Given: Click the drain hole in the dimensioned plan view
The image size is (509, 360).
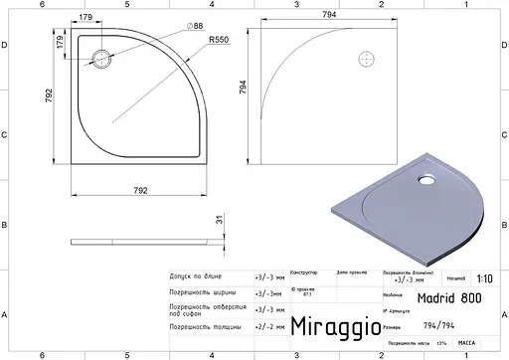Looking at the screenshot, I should point(102,57).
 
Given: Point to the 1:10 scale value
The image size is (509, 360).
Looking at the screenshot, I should point(485,279).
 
